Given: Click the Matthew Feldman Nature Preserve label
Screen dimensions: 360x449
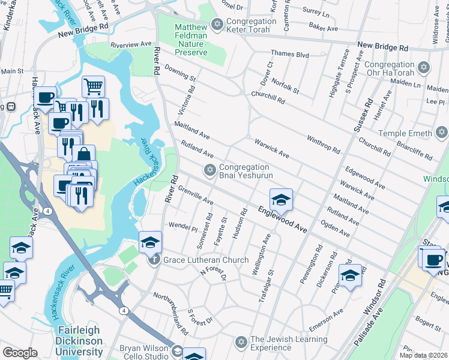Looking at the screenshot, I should click(191, 40).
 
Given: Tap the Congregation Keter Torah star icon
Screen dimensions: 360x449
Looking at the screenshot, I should click(217, 25).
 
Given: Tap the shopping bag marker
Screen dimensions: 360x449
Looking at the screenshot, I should click(84, 154).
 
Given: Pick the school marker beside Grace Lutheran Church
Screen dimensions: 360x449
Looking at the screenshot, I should click(150, 241).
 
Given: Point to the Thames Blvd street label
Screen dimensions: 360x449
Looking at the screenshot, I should click(289, 54).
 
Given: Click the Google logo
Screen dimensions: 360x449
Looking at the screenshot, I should click(20, 353).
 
